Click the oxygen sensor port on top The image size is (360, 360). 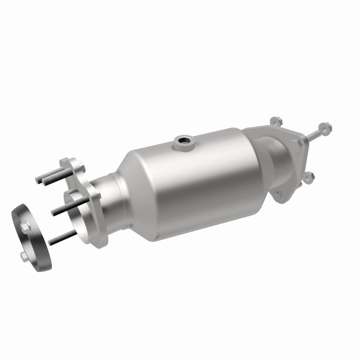pyautogui.click(x=183, y=142)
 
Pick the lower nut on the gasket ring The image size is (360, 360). pyautogui.click(x=24, y=255)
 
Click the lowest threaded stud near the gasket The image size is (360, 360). pyautogui.click(x=62, y=237)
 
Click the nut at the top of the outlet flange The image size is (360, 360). pyautogui.click(x=276, y=122)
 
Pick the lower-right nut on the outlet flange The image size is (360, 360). pyautogui.click(x=308, y=177)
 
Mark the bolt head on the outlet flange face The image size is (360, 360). pyautogui.click(x=297, y=143)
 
